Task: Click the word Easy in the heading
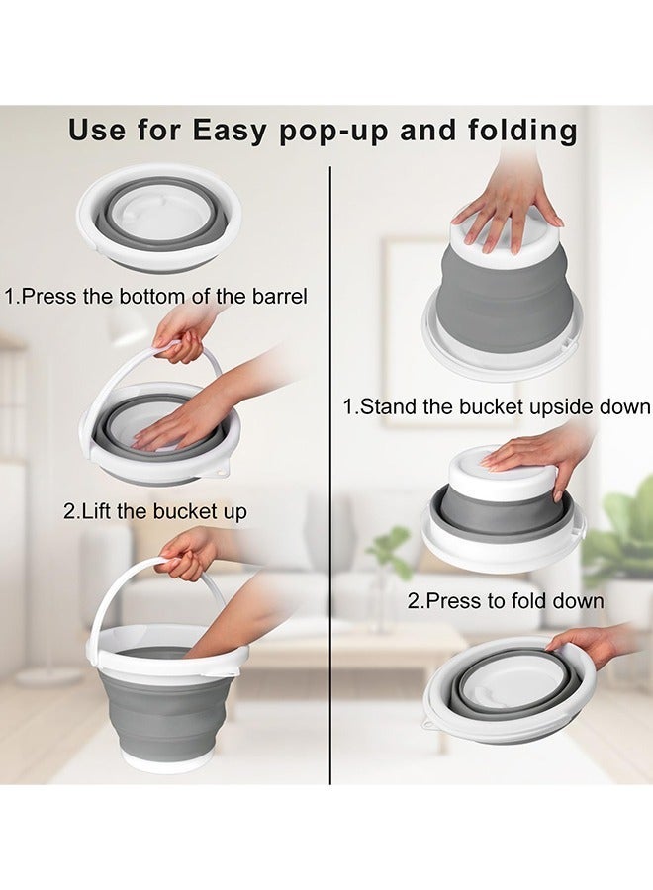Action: tap(230, 132)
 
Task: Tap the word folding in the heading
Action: tap(522, 132)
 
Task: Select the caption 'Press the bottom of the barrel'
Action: tap(164, 296)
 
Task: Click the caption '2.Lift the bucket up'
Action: tap(155, 511)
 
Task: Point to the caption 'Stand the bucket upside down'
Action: tap(506, 406)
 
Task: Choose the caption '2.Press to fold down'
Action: tap(506, 600)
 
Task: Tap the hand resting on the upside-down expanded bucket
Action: tap(510, 214)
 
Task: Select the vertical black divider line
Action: tap(330, 475)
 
